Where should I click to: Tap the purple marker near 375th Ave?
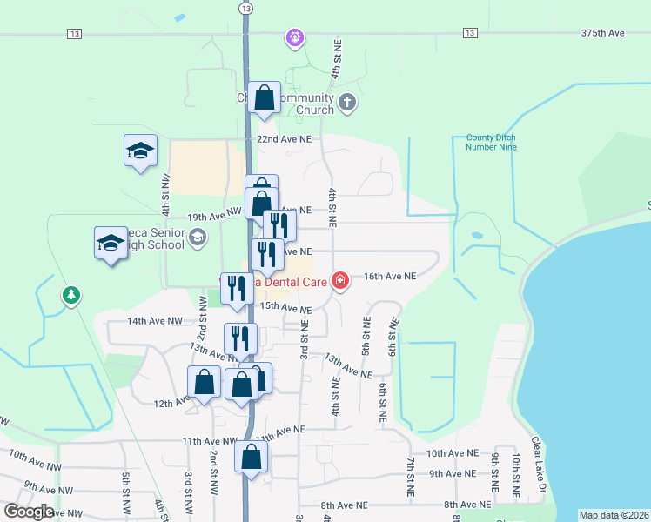pyautogui.click(x=295, y=37)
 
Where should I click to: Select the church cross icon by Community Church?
pyautogui.click(x=346, y=103)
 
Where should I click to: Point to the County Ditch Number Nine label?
pyautogui.click(x=492, y=143)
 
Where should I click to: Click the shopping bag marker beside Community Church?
pyautogui.click(x=264, y=98)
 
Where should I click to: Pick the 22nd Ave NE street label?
pyautogui.click(x=284, y=139)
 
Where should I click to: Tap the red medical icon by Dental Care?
pyautogui.click(x=339, y=280)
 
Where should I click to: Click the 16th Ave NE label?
pyautogui.click(x=390, y=276)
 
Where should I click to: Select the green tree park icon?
pyautogui.click(x=70, y=296)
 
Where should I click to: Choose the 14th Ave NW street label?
pyautogui.click(x=155, y=321)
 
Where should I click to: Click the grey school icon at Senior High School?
pyautogui.click(x=197, y=237)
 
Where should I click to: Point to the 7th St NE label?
pyautogui.click(x=410, y=476)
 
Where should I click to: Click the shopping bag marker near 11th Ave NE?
pyautogui.click(x=252, y=456)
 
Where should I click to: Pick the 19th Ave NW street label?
pyautogui.click(x=214, y=214)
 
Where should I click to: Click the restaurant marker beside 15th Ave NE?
pyautogui.click(x=236, y=288)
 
